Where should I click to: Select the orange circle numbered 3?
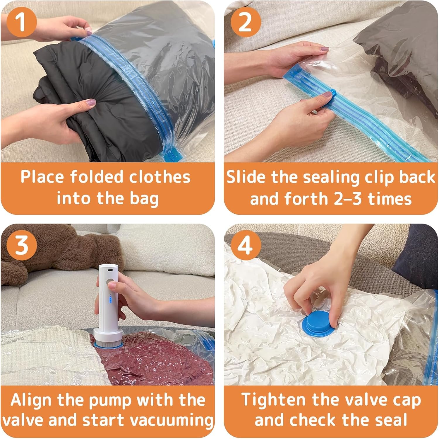point(22,245)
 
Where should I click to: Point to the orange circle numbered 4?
point(245,245)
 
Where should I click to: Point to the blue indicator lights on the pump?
point(111,299)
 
